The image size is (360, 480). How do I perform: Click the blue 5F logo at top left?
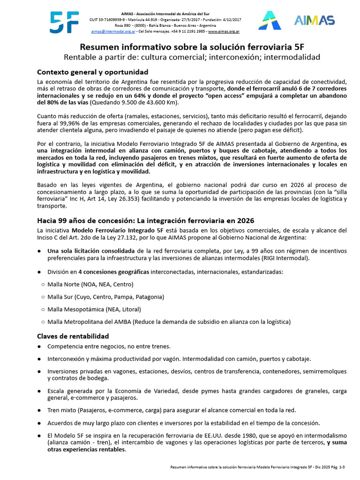click(x=64, y=22)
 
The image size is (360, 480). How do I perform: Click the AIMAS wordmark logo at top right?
click(x=314, y=20)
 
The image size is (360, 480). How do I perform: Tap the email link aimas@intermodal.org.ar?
click(x=110, y=31)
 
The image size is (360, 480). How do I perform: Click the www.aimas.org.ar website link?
click(x=224, y=31)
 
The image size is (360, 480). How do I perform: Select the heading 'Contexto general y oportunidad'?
click(x=93, y=72)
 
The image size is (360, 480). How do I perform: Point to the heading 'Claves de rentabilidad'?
click(x=73, y=336)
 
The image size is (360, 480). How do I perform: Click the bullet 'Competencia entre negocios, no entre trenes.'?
click(x=109, y=346)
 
